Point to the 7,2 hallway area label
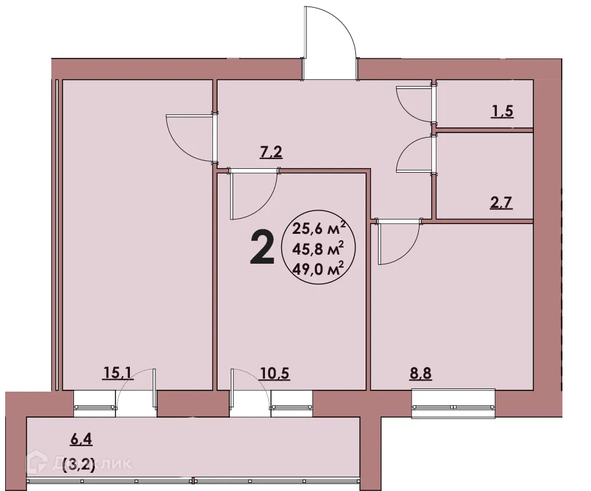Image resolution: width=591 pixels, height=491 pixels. pyautogui.click(x=271, y=154)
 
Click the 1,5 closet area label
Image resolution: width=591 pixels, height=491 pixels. pyautogui.click(x=502, y=111)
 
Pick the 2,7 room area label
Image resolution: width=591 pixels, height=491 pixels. pyautogui.click(x=501, y=202)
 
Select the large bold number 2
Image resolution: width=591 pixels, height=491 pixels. pyautogui.click(x=262, y=249)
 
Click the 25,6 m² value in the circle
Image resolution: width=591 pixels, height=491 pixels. pyautogui.click(x=318, y=228)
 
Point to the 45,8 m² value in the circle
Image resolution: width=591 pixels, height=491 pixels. pyautogui.click(x=318, y=249)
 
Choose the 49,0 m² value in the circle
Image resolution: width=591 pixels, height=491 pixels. pyautogui.click(x=318, y=270)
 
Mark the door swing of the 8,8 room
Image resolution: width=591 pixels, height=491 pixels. pyautogui.click(x=396, y=244)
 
